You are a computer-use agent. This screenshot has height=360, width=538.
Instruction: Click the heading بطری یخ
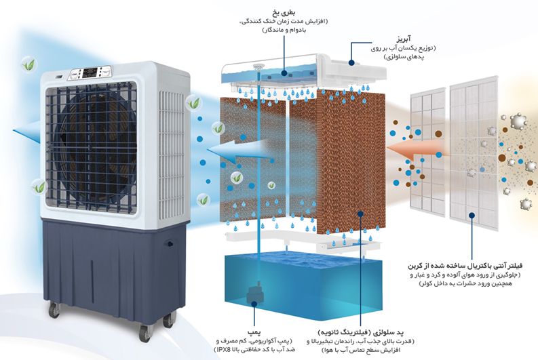pyautogui.click(x=284, y=14)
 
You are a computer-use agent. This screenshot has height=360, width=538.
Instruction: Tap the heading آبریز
pyautogui.click(x=404, y=39)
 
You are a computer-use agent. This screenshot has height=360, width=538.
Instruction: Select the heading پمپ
pyautogui.click(x=254, y=332)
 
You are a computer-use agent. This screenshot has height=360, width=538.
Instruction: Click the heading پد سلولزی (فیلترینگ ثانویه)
pyautogui.click(x=361, y=332)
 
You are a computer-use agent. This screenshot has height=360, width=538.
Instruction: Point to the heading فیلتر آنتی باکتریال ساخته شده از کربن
pyautogui.click(x=465, y=265)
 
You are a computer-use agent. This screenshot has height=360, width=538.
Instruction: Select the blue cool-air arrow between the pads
pyautogui.click(x=239, y=152)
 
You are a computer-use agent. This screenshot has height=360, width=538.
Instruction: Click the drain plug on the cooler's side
pyautogui.click(x=169, y=244)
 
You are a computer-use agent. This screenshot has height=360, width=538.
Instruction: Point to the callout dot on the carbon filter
pyautogui.click(x=472, y=216)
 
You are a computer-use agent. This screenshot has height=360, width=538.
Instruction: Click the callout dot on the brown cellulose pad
pyautogui.click(x=360, y=214)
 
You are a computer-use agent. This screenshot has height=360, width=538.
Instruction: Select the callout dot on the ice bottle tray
pyautogui.click(x=284, y=73)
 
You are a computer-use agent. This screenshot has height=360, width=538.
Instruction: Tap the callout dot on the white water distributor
pyautogui.click(x=351, y=63)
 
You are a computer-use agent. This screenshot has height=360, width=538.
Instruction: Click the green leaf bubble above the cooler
pyautogui.click(x=28, y=64)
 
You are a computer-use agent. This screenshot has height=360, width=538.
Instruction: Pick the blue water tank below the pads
pyautogui.click(x=303, y=284)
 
